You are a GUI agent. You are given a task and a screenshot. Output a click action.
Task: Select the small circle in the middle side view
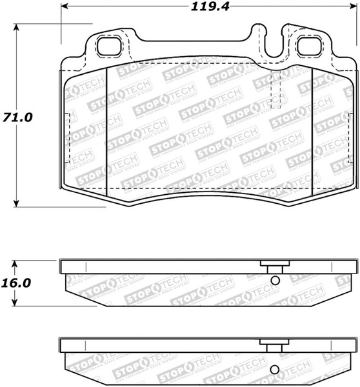(x=275, y=281)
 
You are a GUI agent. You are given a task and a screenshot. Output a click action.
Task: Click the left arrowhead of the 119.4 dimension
(x=65, y=8)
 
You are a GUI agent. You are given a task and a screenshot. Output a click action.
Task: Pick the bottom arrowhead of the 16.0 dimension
(x=17, y=304)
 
